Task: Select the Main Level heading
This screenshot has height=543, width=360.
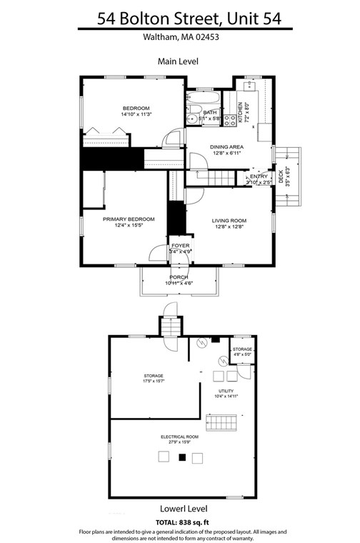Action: click(x=178, y=62)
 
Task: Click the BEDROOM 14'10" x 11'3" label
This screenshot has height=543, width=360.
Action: click(x=137, y=111)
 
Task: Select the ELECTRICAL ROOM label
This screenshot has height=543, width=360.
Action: click(x=179, y=437)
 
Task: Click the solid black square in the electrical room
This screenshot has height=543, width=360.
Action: click(x=181, y=457)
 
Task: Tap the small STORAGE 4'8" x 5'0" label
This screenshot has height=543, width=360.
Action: click(x=241, y=352)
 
